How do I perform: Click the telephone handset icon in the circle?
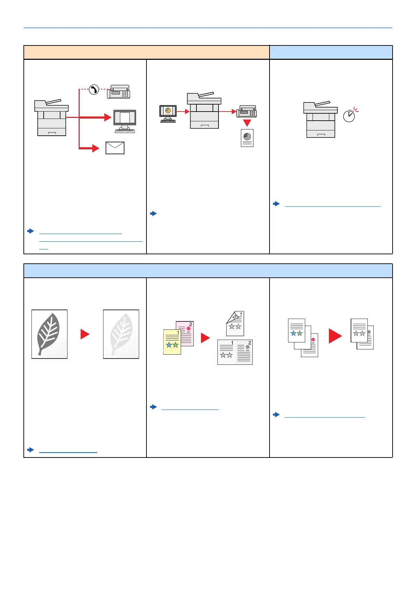click(94, 90)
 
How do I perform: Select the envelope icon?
click(115, 148)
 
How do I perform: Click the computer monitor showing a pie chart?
click(168, 114)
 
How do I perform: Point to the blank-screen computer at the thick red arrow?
click(125, 121)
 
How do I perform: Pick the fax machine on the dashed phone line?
click(119, 92)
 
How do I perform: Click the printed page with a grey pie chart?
click(247, 138)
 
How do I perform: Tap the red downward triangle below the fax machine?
click(247, 123)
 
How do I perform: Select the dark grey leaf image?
click(49, 334)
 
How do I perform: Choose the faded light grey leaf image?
click(121, 334)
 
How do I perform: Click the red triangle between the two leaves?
click(85, 334)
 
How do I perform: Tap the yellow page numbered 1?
click(172, 342)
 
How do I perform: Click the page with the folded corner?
click(235, 324)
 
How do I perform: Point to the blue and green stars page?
click(296, 330)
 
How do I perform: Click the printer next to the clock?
click(320, 119)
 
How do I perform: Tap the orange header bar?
click(146, 52)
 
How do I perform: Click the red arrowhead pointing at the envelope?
click(96, 148)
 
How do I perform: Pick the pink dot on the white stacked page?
click(313, 340)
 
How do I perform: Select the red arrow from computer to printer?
click(183, 112)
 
